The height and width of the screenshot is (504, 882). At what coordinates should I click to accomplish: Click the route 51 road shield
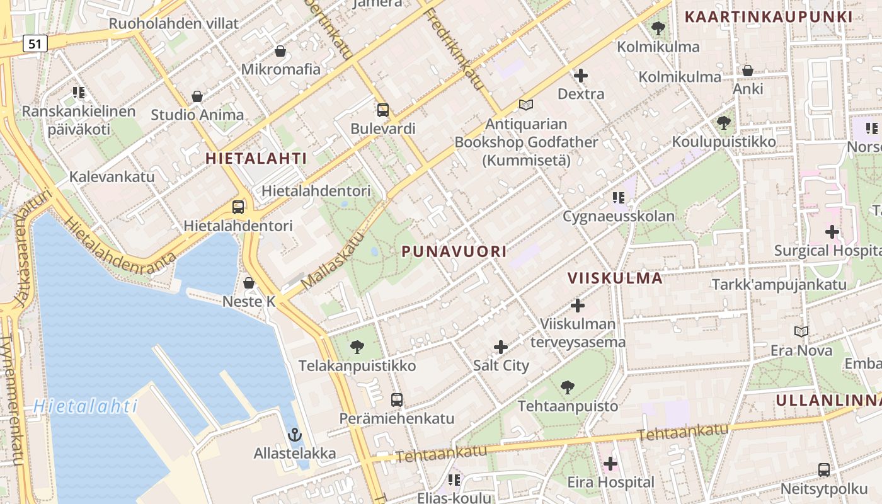click(x=35, y=43)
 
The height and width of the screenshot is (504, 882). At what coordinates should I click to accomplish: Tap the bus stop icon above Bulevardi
click(x=382, y=110)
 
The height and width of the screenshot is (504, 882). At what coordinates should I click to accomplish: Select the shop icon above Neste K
click(x=249, y=283)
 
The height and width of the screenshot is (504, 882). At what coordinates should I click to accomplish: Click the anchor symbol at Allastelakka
click(x=294, y=435)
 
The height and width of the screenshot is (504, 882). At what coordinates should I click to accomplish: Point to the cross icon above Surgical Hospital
click(x=832, y=232)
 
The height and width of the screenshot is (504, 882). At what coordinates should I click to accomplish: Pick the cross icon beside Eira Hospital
click(x=610, y=464)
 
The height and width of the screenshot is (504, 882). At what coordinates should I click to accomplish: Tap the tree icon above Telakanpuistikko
click(x=357, y=346)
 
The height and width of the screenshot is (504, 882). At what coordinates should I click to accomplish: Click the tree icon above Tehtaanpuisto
click(x=568, y=387)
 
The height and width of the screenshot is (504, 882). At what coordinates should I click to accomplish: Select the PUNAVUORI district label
click(x=454, y=251)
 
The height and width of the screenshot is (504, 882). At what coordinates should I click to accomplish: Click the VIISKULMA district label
click(x=615, y=278)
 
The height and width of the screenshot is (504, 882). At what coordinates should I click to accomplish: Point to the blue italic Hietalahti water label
click(x=85, y=406)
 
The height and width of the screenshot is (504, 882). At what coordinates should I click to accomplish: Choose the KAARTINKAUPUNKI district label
click(x=769, y=17)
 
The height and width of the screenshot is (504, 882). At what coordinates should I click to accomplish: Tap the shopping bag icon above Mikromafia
click(x=280, y=50)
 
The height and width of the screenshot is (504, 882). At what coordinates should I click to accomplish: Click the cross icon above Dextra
click(x=581, y=76)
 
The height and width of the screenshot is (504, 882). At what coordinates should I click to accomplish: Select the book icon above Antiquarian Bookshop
click(x=526, y=105)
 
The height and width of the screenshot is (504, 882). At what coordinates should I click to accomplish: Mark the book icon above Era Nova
click(x=801, y=331)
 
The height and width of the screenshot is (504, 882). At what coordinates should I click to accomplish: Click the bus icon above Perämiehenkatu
click(x=396, y=399)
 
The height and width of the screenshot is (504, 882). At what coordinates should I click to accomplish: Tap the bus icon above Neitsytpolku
click(x=823, y=469)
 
